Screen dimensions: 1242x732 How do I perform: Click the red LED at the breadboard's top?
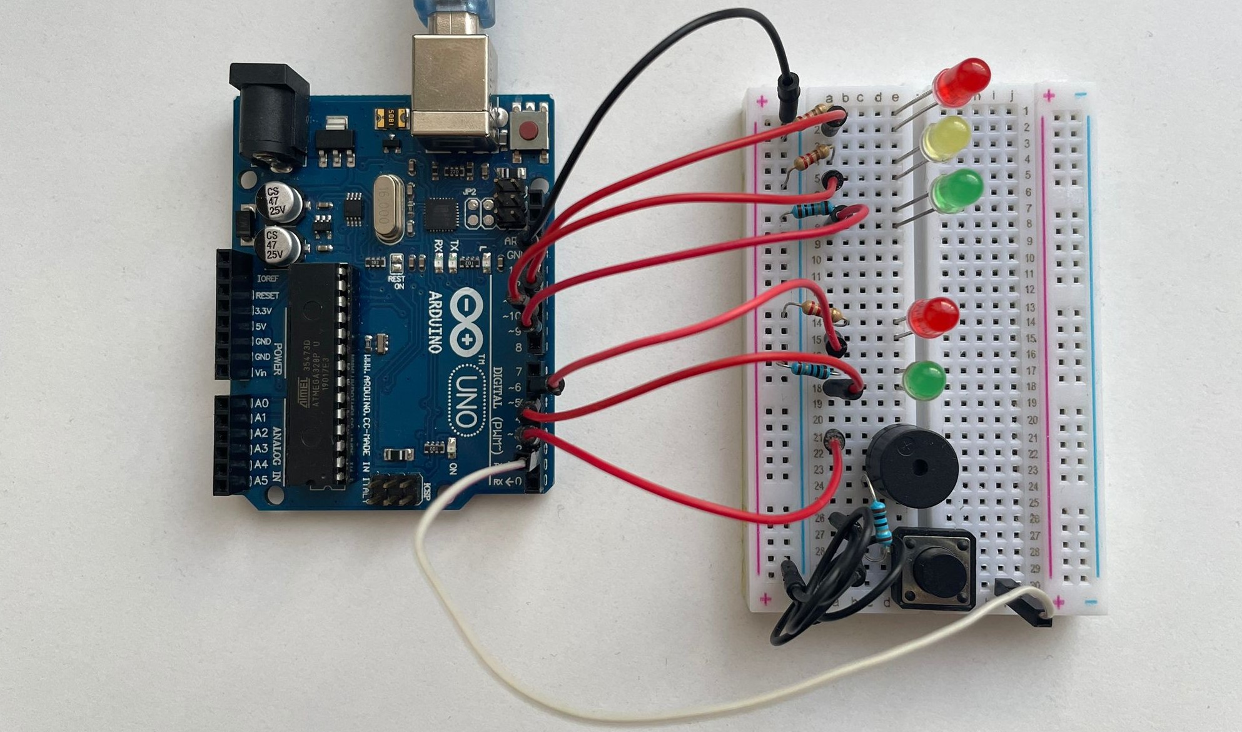click(962, 81)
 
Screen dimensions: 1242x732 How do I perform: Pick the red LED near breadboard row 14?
click(934, 317)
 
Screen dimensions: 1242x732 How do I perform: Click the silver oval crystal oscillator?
click(389, 208)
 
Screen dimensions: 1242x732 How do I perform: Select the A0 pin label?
click(261, 403)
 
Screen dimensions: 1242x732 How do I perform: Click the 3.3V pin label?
click(263, 311)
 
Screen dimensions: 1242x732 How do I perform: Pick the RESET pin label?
click(266, 295)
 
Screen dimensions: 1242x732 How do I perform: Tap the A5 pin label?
click(261, 480)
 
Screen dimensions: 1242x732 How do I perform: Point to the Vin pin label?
click(261, 373)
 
